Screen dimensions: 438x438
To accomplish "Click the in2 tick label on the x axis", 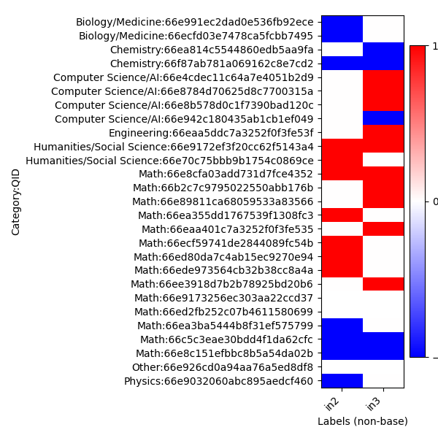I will [332, 404].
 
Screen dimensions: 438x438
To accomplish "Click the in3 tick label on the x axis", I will [373, 404].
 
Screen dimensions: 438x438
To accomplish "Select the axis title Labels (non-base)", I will [362, 421].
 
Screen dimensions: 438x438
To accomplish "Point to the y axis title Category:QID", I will [16, 201].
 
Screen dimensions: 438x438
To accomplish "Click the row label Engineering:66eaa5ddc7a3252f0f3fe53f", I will [211, 133].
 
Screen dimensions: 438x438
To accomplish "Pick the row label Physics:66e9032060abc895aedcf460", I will [218, 381].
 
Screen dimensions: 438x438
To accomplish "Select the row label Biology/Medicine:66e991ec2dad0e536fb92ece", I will [195, 22].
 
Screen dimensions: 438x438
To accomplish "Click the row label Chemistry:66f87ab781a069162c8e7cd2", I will [212, 64].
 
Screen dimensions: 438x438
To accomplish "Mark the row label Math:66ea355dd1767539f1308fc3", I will [226, 215].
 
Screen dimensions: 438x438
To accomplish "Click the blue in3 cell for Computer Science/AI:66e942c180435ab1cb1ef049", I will [383, 118].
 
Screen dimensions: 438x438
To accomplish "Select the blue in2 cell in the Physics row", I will [342, 380].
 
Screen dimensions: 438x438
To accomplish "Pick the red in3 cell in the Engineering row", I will [383, 132].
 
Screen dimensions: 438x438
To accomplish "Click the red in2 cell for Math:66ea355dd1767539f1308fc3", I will [342, 215].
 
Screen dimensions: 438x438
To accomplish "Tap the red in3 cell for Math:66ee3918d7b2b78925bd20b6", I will [383, 284].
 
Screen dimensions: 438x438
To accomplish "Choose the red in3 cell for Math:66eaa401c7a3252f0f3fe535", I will [383, 228].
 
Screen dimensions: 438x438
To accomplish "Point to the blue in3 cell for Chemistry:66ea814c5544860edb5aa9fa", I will [383, 50].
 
